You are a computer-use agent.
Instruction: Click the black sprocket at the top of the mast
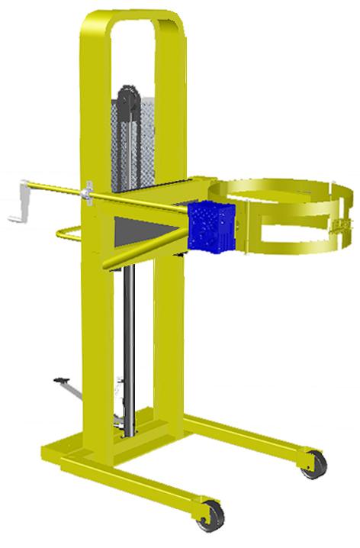tap(127, 104)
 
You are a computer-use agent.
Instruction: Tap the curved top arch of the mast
tap(133, 17)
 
